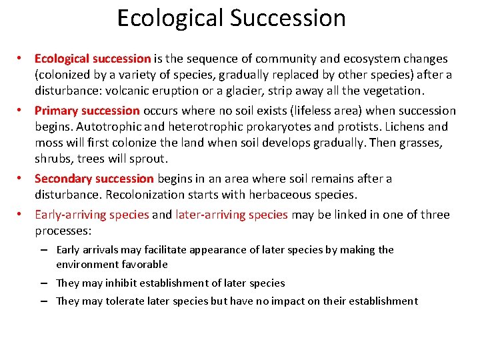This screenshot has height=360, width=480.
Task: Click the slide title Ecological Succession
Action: click(x=231, y=18)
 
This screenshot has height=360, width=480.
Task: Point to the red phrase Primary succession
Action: click(x=87, y=111)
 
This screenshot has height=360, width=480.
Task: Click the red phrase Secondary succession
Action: click(x=94, y=179)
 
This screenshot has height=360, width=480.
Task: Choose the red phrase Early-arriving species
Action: click(x=92, y=215)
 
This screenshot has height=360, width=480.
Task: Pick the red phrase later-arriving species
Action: click(x=231, y=215)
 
